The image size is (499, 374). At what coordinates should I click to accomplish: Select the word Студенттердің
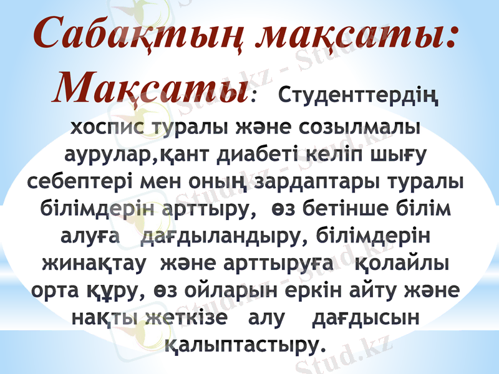point(357,98)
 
